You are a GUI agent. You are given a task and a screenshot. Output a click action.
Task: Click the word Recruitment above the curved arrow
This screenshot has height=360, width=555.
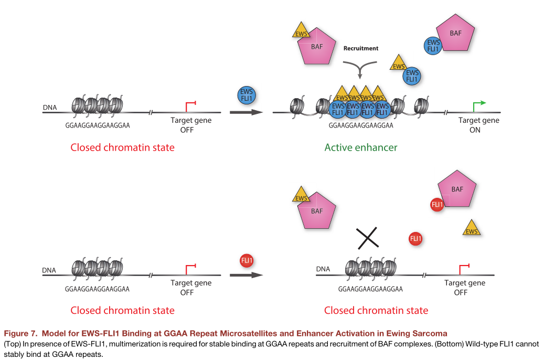tap(360, 48)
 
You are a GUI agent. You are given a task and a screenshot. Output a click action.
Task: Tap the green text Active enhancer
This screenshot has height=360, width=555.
tap(360, 147)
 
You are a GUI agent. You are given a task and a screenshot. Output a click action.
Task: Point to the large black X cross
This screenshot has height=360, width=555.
tap(368, 238)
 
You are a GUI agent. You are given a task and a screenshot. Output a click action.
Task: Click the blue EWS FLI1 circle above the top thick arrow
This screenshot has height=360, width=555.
tap(246, 94)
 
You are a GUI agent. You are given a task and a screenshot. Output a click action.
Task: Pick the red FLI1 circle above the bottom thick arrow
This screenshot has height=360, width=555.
tap(247, 260)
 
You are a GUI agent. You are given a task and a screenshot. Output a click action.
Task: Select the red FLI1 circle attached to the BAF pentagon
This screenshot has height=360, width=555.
tap(436, 205)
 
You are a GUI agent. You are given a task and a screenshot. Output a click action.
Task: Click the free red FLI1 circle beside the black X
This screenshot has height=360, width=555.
tap(415, 239)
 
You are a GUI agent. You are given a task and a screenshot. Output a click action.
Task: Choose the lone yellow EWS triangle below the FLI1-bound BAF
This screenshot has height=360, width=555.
tap(472, 229)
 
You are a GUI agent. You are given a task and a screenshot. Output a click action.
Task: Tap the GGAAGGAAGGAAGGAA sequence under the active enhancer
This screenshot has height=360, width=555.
tap(361, 125)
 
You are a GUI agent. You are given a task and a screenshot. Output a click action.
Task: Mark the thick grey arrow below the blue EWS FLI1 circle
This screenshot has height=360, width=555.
tap(246, 112)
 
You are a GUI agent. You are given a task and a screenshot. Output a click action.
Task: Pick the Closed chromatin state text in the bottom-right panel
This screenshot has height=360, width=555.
tap(376, 311)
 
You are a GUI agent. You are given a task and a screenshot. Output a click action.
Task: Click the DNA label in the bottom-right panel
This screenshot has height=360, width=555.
tap(323, 269)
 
